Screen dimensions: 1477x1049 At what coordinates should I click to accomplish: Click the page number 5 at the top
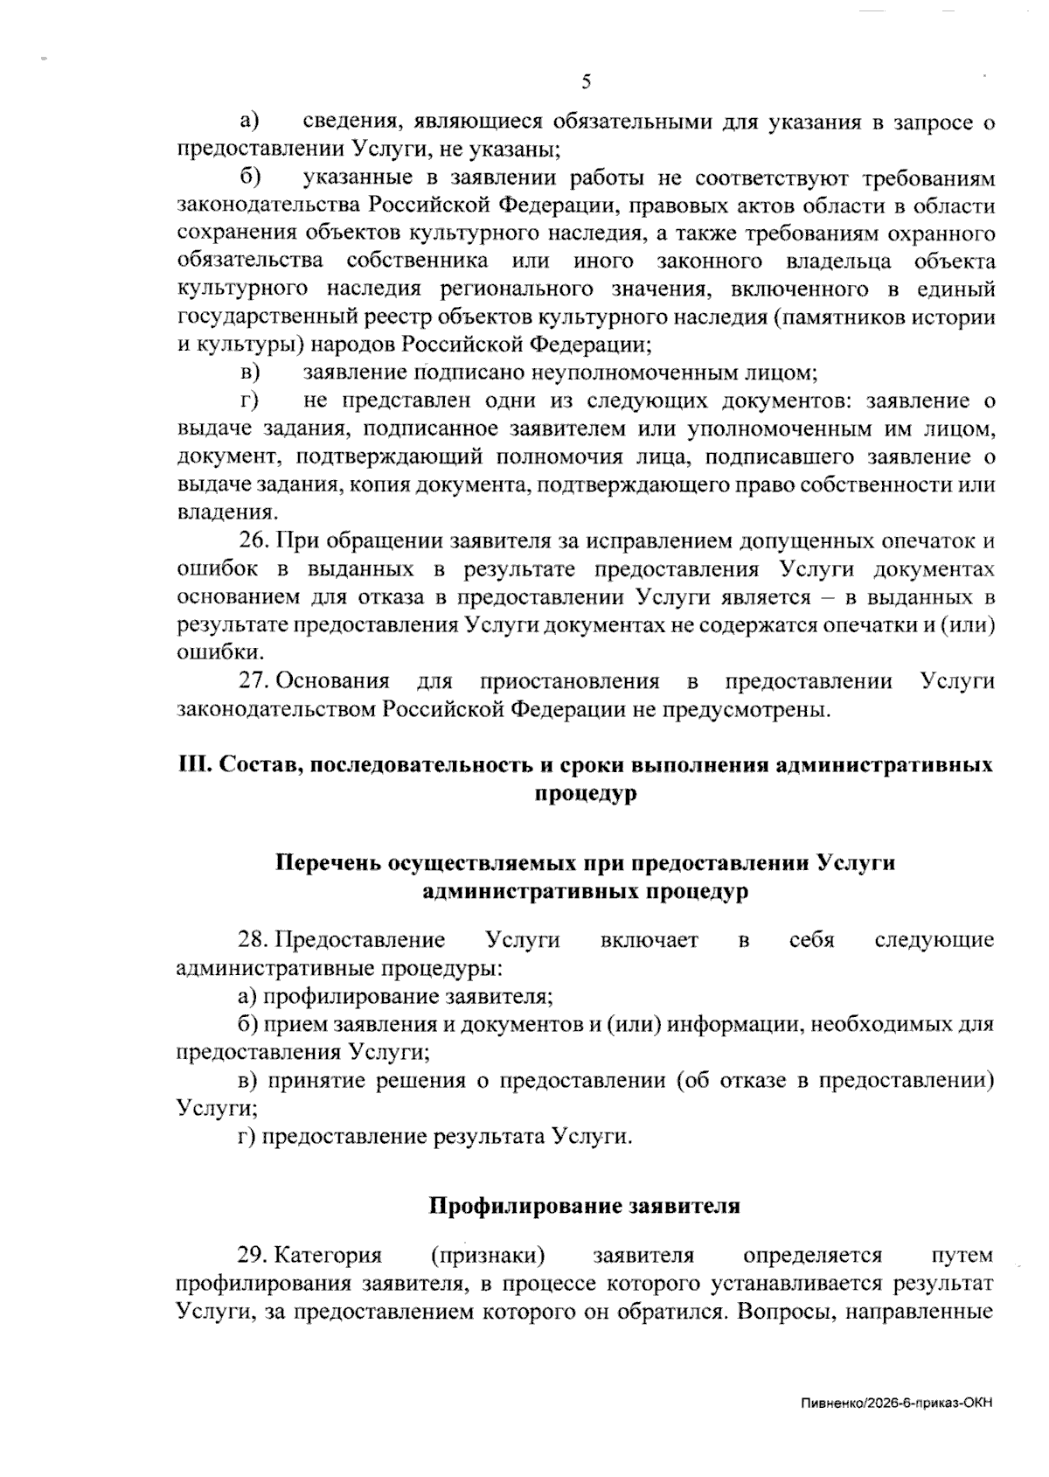(x=586, y=83)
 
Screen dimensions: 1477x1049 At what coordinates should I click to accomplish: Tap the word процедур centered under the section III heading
(x=585, y=794)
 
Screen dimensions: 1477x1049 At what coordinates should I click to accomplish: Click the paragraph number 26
(x=254, y=541)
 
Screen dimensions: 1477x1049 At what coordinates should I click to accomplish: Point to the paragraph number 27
(x=254, y=681)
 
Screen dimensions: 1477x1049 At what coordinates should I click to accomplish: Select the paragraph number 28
(x=254, y=940)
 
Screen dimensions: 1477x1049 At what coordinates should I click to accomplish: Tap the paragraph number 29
(x=254, y=1256)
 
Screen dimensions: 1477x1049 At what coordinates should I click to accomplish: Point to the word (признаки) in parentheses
(x=488, y=1256)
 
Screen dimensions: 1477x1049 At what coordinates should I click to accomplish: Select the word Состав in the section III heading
(x=259, y=764)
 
